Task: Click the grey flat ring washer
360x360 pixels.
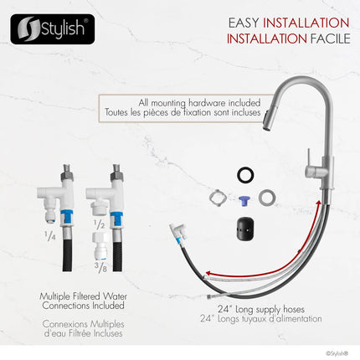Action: tap(268, 198)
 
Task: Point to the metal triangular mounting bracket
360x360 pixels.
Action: tap(215, 198)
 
